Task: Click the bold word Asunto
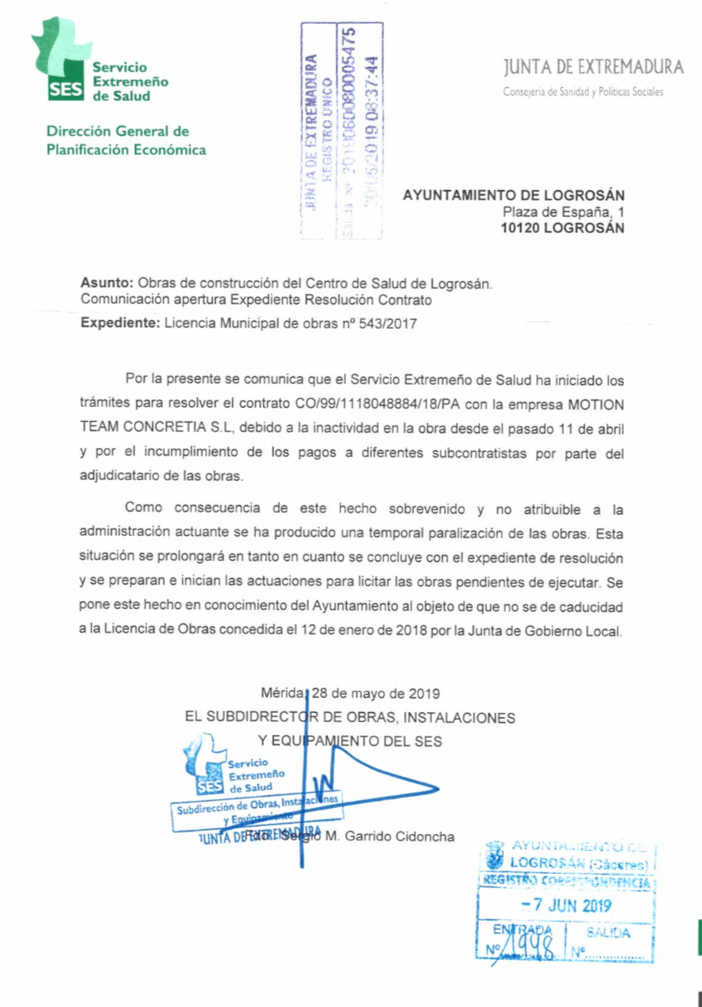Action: tap(106, 283)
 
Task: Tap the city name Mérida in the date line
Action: tap(281, 694)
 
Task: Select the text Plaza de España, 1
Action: tap(563, 213)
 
